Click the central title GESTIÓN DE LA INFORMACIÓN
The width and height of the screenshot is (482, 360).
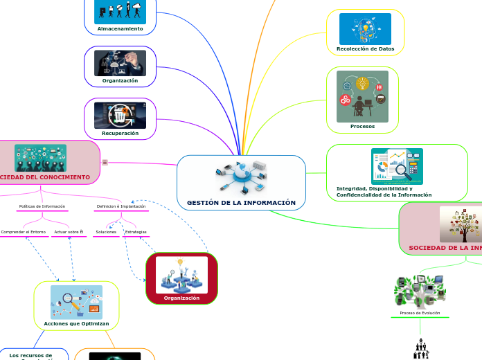241,203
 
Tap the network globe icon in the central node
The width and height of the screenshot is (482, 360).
241,177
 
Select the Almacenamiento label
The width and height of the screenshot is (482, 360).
120,29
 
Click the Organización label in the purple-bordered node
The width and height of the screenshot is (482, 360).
120,80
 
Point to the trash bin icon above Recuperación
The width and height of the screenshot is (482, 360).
120,116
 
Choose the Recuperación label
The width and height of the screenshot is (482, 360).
120,133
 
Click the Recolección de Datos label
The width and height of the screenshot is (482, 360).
365,49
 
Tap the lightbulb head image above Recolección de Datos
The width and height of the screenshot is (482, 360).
365,28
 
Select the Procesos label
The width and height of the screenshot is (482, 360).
362,126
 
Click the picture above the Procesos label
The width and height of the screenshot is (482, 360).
362,96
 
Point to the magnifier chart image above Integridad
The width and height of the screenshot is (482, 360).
396,166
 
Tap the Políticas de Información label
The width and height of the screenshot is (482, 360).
42,206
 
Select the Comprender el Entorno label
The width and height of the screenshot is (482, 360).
23,232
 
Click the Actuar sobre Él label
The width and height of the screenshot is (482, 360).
68,232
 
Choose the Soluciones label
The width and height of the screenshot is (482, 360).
106,232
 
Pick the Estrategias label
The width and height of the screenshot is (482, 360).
136,232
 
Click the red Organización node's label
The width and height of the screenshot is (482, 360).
181,298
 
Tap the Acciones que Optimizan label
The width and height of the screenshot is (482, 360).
76,323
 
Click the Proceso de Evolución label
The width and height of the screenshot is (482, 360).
420,313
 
